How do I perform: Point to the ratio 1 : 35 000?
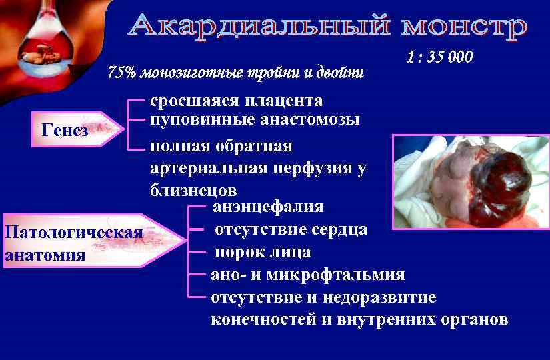[439, 57]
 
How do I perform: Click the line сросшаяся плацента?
[236, 101]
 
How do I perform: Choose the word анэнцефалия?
[268, 207]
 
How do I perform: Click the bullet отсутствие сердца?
[290, 230]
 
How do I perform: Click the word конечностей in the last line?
[263, 319]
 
